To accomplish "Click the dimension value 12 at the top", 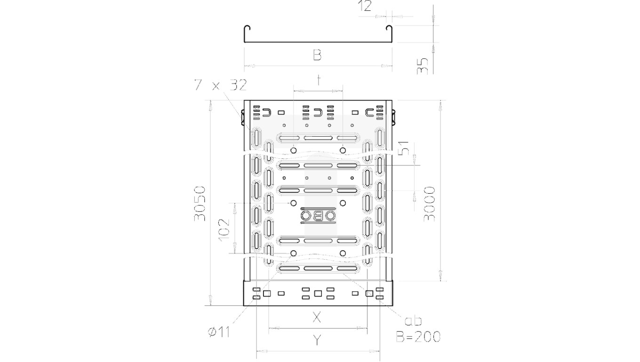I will (x=365, y=6).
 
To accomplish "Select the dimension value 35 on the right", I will (x=423, y=65).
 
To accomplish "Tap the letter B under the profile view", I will (x=317, y=56).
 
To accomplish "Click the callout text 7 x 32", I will (x=220, y=85).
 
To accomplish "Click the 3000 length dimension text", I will (x=429, y=204).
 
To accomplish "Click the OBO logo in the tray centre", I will (x=318, y=216).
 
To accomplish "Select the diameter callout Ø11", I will (x=218, y=332).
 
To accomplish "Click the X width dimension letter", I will (x=317, y=318).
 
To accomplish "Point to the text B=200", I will (x=418, y=337).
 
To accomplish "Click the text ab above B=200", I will (x=413, y=321).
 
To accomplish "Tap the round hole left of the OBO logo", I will (x=294, y=203).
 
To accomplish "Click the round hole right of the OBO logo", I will (x=343, y=203).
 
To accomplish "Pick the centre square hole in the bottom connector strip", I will (x=318, y=294).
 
